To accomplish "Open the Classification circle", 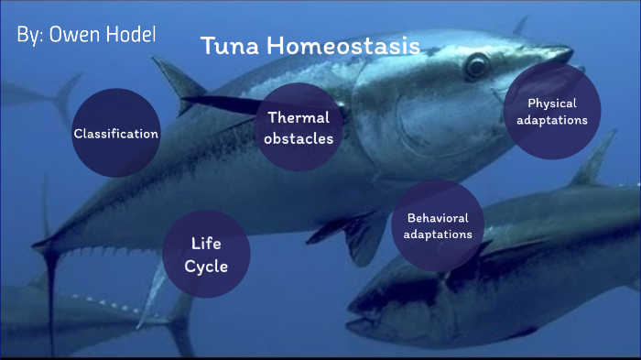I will click(115, 134).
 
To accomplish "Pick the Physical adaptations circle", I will click(551, 112).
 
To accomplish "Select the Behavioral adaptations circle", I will click(438, 226).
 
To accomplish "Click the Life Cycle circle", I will click(206, 255).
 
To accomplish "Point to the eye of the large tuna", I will click(476, 66).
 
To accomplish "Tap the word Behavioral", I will click(438, 218).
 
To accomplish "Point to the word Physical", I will click(551, 104).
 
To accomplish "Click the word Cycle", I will click(206, 267).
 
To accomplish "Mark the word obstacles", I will click(299, 139).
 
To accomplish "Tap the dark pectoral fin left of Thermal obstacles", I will click(220, 104).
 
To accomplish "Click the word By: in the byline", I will click(30, 36).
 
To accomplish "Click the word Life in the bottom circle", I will click(206, 244).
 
